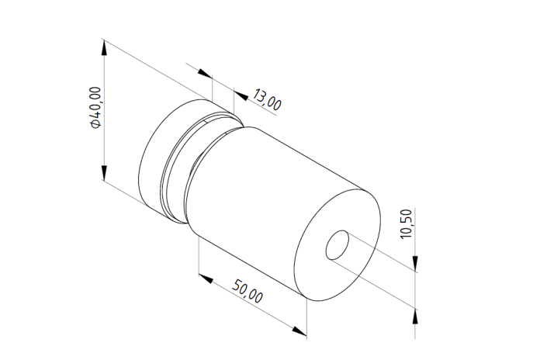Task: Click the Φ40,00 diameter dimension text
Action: pyautogui.click(x=95, y=108)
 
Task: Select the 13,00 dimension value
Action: pyautogui.click(x=267, y=99)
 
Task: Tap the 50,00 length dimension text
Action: pyautogui.click(x=247, y=291)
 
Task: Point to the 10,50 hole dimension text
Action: pyautogui.click(x=407, y=224)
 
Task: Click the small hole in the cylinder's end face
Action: pyautogui.click(x=337, y=245)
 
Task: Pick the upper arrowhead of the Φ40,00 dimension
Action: pyautogui.click(x=104, y=47)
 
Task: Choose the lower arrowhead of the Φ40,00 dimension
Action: pyautogui.click(x=104, y=172)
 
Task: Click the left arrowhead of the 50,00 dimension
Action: pyautogui.click(x=206, y=279)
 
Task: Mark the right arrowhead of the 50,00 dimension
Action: pyautogui.click(x=299, y=331)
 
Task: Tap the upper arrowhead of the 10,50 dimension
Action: pyautogui.click(x=415, y=264)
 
